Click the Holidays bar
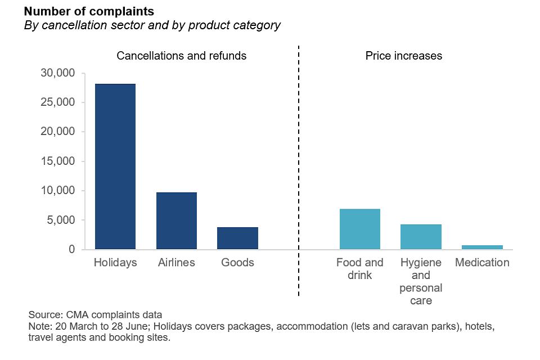tap(115, 166)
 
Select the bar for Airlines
tap(177, 220)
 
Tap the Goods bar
tap(237, 238)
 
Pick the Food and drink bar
tap(360, 229)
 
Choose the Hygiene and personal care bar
tap(421, 237)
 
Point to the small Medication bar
tap(482, 247)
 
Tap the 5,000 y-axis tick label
tap(60, 220)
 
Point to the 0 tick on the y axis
tap(71, 249)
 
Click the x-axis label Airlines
tap(177, 263)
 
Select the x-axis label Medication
tap(482, 263)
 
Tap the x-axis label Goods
tap(237, 263)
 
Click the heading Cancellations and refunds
tap(181, 56)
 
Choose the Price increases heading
tap(403, 56)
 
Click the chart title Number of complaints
tap(89, 12)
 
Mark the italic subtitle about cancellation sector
tap(152, 25)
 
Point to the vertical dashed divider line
tap(298, 169)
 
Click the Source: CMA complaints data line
tap(95, 314)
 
